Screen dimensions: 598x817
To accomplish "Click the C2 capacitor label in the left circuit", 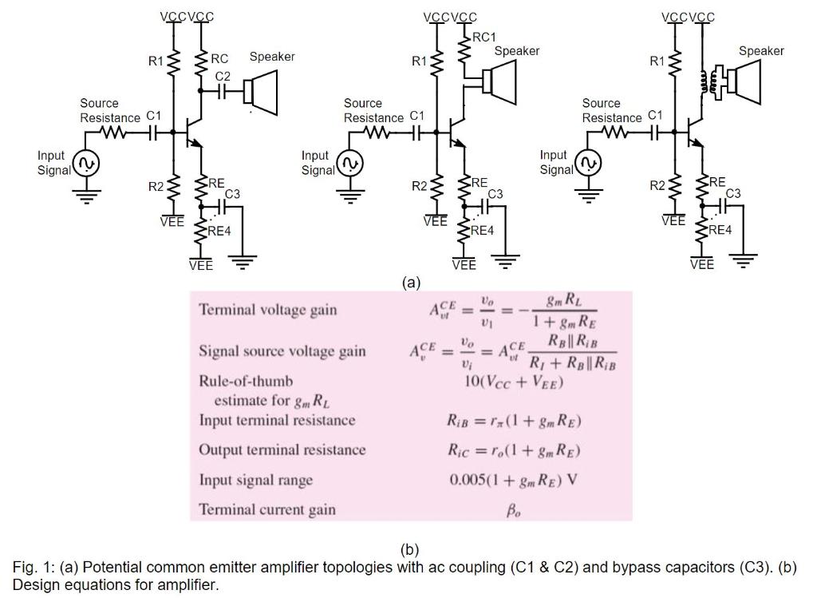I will click(x=223, y=76).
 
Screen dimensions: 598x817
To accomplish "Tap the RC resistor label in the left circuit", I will click(x=219, y=59).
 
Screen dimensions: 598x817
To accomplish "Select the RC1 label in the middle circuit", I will click(x=483, y=37).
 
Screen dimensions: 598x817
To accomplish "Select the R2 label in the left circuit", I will click(x=156, y=187).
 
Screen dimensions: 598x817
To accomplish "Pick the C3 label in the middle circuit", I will click(x=495, y=194).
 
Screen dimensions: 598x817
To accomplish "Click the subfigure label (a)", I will click(x=410, y=283).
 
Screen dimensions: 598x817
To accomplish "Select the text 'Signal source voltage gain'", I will click(x=282, y=351).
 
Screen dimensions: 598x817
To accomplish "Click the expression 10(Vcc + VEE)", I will click(x=513, y=382).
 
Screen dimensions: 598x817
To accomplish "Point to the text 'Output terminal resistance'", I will click(x=282, y=449).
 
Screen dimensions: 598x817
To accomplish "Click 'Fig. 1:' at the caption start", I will click(x=33, y=567).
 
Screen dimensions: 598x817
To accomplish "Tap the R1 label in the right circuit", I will click(x=657, y=60).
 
